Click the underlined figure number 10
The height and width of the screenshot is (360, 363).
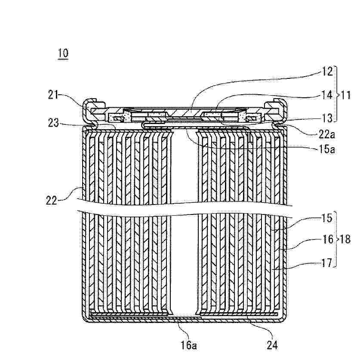(x=63, y=53)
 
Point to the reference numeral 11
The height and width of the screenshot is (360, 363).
(x=346, y=95)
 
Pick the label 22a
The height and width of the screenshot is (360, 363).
(x=326, y=134)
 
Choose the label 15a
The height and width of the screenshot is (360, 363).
(x=326, y=149)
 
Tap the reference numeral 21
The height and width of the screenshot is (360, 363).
(x=53, y=95)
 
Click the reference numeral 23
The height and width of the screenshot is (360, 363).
(x=53, y=123)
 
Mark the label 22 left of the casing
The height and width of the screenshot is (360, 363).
(x=51, y=200)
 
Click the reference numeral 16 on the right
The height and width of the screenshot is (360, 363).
(x=327, y=239)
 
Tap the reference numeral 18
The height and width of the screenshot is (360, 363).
(x=346, y=239)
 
